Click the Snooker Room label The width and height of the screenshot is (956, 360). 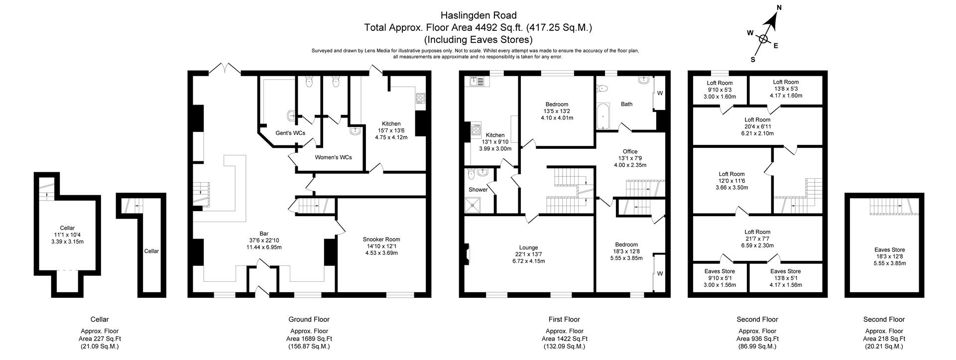(x=381, y=240)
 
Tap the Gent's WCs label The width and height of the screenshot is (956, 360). (x=290, y=133)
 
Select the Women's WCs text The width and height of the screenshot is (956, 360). (x=333, y=157)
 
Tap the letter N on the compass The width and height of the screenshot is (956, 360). (x=780, y=8)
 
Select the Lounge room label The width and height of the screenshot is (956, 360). (x=528, y=247)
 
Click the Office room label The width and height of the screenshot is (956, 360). (x=630, y=151)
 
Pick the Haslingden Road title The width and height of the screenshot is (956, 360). (x=478, y=15)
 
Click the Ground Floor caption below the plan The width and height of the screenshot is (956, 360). (x=309, y=319)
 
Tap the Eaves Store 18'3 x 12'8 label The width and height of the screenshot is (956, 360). (x=889, y=250)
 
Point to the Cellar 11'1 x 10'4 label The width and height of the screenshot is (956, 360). (x=67, y=228)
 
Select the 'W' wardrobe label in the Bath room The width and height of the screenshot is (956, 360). (x=660, y=93)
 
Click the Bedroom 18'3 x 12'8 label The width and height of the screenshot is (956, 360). (x=626, y=244)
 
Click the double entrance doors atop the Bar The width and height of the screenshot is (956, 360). (x=225, y=69)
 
